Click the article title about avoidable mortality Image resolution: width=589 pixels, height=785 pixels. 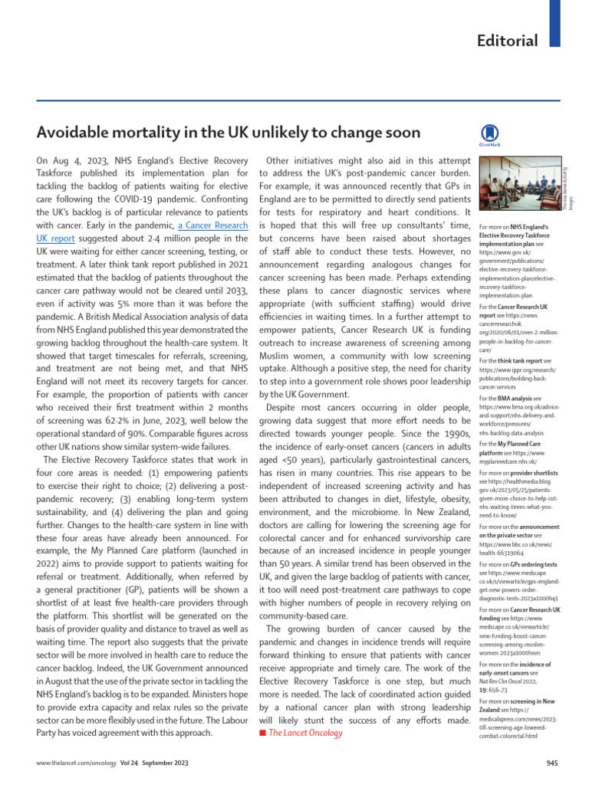(x=229, y=133)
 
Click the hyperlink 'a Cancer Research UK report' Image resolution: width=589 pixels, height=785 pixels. (x=213, y=226)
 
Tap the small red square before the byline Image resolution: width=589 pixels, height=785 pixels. (x=263, y=734)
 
